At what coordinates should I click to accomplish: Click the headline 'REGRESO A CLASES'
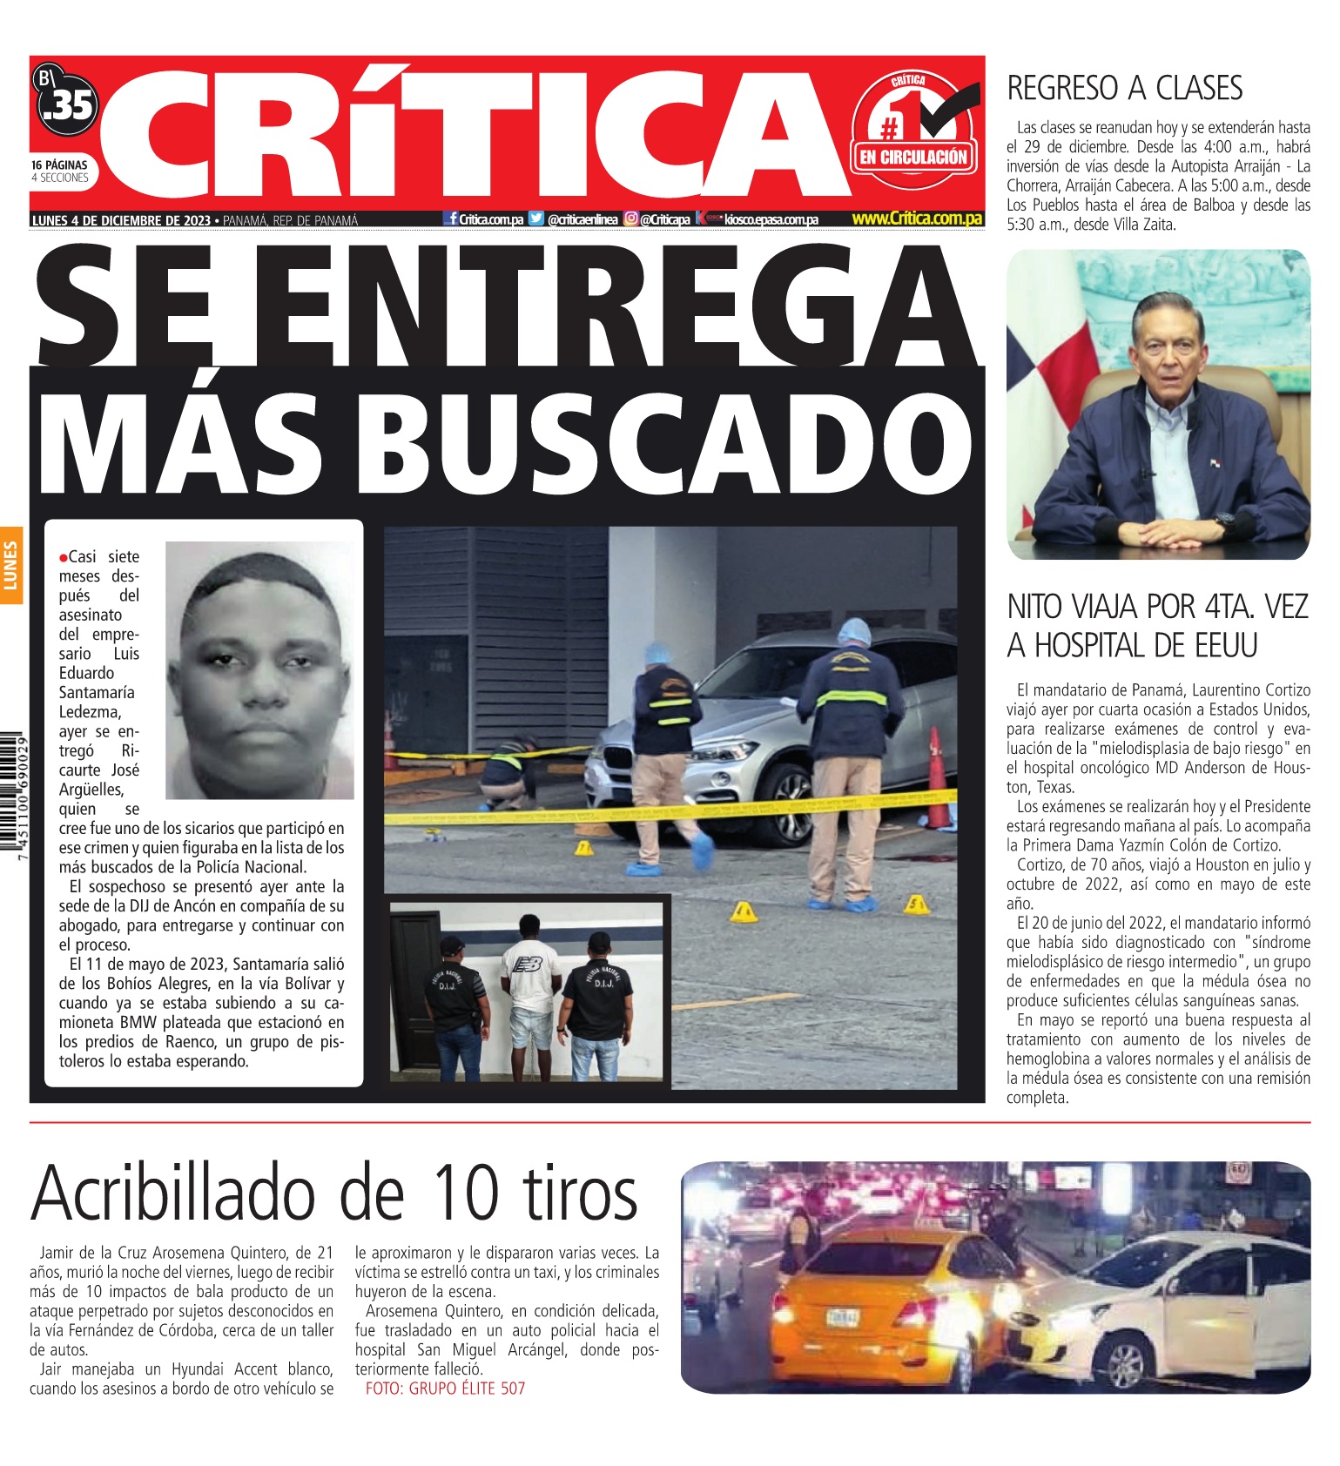pos(1124,88)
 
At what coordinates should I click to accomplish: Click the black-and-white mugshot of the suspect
pos(259,670)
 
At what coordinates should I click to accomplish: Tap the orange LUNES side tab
pos(11,565)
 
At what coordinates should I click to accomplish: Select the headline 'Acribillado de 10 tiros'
pos(334,1192)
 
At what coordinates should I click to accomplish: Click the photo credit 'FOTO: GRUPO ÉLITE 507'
pos(445,1389)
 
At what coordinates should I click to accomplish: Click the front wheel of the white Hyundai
pos(1125,1362)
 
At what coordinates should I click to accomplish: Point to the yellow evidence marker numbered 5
pos(915,905)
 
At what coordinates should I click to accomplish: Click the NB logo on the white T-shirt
pos(528,965)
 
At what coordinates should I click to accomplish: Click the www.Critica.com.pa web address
pos(916,219)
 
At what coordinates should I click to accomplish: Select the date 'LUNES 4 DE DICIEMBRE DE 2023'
pos(120,220)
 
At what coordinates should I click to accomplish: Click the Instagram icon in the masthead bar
pos(630,219)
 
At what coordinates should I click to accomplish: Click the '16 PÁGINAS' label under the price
pos(59,165)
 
